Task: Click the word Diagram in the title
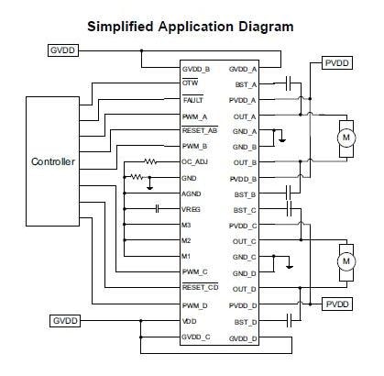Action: coord(260,27)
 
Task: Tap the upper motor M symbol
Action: coord(346,137)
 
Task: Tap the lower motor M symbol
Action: coord(346,260)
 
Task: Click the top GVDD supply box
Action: coord(64,50)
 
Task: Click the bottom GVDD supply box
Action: coord(64,321)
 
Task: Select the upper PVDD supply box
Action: coord(337,62)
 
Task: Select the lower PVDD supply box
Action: coord(337,304)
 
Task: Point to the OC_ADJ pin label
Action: coord(198,161)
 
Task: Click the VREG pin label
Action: coord(193,209)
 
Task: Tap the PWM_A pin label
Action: coord(194,116)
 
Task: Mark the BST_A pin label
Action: coord(245,83)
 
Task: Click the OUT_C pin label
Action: coord(245,241)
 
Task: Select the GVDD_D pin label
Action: coord(243,337)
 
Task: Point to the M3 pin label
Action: coord(187,225)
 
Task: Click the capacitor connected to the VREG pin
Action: coord(158,209)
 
